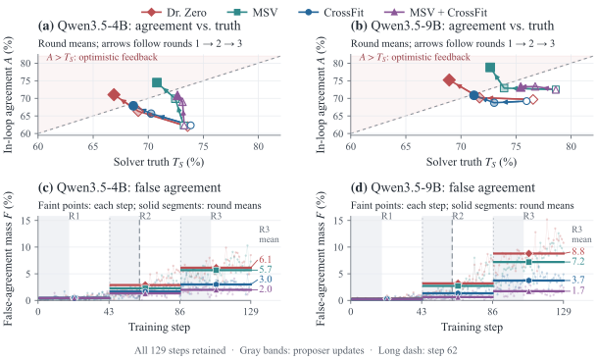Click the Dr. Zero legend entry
[x=174, y=12]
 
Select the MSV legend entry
[x=252, y=12]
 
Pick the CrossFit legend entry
[x=331, y=12]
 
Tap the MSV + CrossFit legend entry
[x=435, y=12]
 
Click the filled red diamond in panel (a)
[x=114, y=94]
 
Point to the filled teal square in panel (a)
[x=157, y=82]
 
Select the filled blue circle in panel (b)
[x=473, y=95]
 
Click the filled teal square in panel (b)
[x=490, y=68]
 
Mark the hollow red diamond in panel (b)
[x=533, y=100]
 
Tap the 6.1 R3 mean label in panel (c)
[x=266, y=260]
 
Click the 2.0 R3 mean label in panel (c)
[x=266, y=289]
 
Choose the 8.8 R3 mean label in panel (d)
[x=578, y=251]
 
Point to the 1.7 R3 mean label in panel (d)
[x=578, y=290]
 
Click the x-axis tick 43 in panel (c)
[x=109, y=312]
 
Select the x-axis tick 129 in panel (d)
[x=564, y=312]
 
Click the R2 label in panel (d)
[x=458, y=216]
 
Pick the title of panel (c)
[x=129, y=187]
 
